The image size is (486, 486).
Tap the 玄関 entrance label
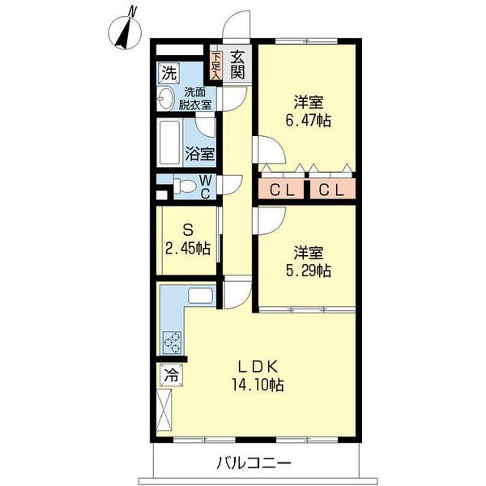tap(237, 65)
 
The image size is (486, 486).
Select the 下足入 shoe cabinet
tap(215, 65)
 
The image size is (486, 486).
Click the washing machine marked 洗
tap(169, 73)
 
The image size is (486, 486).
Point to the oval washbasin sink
tap(165, 99)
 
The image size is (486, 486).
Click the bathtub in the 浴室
tap(170, 143)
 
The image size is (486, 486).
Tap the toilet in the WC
tap(184, 187)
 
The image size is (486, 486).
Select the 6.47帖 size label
tap(308, 121)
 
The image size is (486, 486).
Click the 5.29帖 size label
tap(308, 271)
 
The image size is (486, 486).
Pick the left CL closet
tap(281, 189)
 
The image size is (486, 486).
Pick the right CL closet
tap(332, 189)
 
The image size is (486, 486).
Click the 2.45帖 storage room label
tap(188, 248)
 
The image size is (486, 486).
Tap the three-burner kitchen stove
tap(173, 343)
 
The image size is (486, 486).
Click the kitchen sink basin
tap(200, 296)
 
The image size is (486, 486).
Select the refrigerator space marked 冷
tap(172, 375)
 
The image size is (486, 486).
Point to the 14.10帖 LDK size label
tap(258, 386)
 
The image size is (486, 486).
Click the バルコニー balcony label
tap(254, 463)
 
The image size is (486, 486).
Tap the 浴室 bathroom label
tap(200, 154)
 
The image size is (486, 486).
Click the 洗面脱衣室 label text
tap(195, 99)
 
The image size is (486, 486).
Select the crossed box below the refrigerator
tap(164, 410)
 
